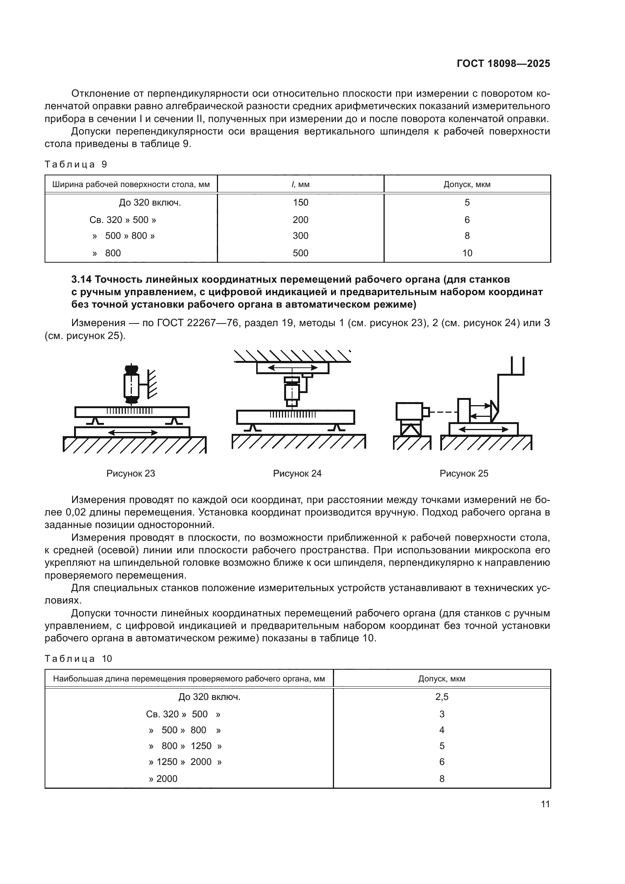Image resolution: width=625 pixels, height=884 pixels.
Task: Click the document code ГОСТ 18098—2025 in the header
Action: [503, 64]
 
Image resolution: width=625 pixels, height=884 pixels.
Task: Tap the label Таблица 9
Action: [76, 164]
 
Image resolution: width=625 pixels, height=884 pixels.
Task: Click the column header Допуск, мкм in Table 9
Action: [467, 184]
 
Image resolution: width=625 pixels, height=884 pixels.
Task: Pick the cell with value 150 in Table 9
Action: [300, 203]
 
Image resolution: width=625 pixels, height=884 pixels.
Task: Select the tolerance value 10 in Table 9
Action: [467, 253]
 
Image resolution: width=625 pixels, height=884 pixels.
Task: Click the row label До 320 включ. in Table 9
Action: [150, 203]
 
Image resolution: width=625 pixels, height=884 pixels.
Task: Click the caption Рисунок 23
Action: [130, 474]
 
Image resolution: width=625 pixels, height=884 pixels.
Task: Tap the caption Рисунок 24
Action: [297, 474]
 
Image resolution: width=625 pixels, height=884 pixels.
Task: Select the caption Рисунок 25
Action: [464, 474]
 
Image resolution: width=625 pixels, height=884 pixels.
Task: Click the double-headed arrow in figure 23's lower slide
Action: [133, 432]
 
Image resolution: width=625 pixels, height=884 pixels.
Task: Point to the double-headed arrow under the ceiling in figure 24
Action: [292, 368]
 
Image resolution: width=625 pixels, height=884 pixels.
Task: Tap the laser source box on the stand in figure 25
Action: [410, 411]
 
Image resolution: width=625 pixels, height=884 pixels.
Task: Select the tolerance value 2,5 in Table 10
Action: [441, 697]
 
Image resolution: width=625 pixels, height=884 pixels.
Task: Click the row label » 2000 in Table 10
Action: [163, 779]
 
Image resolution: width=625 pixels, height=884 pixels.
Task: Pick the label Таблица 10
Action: [78, 659]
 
